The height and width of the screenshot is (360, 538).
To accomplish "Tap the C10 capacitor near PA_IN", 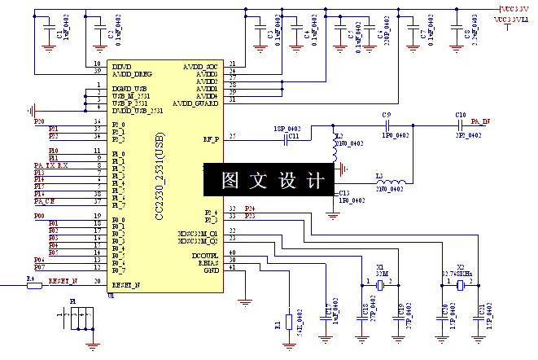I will [461, 125].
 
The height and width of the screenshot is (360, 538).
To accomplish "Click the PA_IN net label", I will [480, 121].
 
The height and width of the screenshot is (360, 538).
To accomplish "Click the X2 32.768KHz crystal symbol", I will [460, 285].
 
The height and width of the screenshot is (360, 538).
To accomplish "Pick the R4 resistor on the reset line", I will [33, 286].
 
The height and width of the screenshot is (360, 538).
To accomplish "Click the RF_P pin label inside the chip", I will [209, 138].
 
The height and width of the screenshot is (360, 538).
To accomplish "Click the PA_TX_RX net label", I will [51, 165].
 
